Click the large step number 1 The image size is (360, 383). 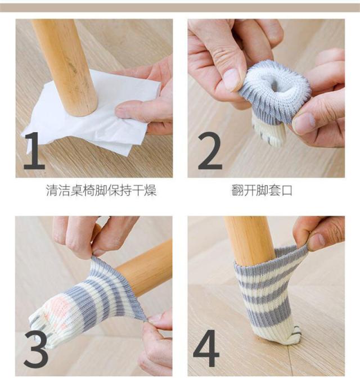[x=35, y=151]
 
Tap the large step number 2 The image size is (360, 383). [x=210, y=151]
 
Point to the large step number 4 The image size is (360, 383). [x=206, y=347]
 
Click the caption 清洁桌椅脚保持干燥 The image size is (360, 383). [x=101, y=190]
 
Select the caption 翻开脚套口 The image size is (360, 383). [x=262, y=190]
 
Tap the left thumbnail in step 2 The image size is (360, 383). [x=232, y=79]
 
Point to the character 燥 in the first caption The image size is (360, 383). [x=150, y=190]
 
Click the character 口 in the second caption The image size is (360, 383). [x=287, y=191]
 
